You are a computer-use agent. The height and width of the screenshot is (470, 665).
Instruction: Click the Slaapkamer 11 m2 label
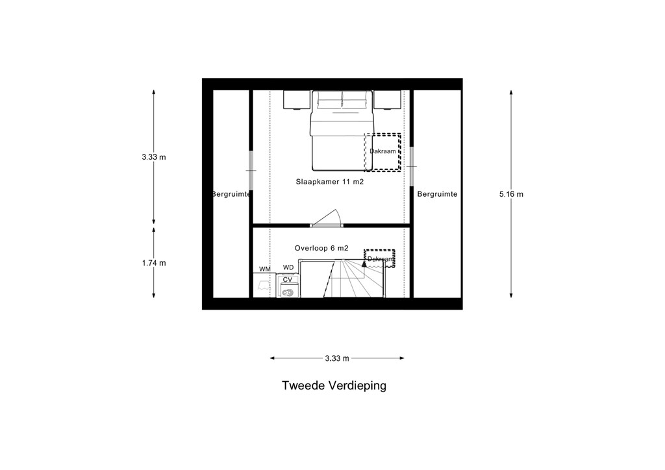coord(329,182)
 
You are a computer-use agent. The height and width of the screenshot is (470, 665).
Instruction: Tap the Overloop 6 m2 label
coord(321,248)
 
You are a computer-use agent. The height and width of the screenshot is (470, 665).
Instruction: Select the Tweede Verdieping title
coord(334,386)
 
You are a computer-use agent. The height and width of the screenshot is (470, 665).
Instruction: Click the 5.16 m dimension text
coord(511,195)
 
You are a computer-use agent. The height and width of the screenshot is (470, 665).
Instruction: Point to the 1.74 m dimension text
coord(154,263)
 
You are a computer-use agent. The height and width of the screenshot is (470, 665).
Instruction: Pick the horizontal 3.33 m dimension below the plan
coord(337,358)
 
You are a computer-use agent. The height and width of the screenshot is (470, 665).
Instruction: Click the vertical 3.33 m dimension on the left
coord(154,157)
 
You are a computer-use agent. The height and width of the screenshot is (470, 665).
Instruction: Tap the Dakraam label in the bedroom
coord(383,151)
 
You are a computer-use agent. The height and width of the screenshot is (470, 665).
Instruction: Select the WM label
coord(265,269)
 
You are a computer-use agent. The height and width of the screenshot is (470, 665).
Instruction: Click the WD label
coord(288,267)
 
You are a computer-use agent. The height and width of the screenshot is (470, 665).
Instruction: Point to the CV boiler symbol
coord(288,291)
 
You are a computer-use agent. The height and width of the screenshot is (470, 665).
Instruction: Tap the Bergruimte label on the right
coord(437,194)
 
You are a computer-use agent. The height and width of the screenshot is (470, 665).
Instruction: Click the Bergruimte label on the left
coord(231,194)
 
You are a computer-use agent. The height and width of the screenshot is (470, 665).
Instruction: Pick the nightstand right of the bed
coord(387,100)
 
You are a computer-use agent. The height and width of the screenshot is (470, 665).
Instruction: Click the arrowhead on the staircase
coord(364,263)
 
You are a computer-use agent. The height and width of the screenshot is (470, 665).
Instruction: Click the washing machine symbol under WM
coord(264,285)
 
